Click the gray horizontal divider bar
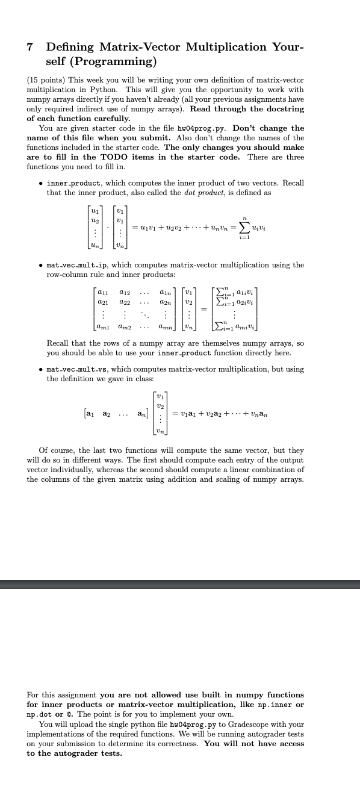180,585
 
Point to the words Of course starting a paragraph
54,450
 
